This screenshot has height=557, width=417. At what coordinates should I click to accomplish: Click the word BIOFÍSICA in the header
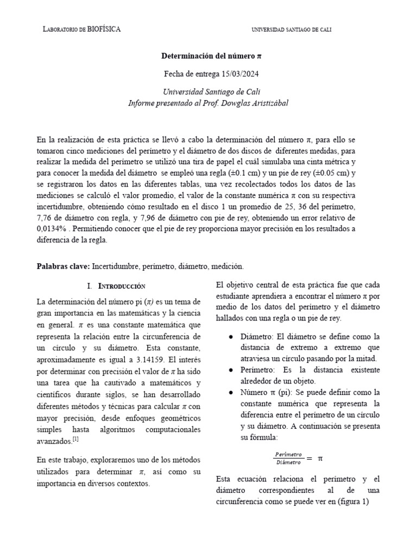click(x=103, y=29)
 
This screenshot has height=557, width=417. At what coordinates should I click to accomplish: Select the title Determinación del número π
click(x=208, y=56)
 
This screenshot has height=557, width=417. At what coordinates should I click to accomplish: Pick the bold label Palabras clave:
click(x=63, y=267)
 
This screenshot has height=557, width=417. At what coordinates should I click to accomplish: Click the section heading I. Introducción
click(x=116, y=286)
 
